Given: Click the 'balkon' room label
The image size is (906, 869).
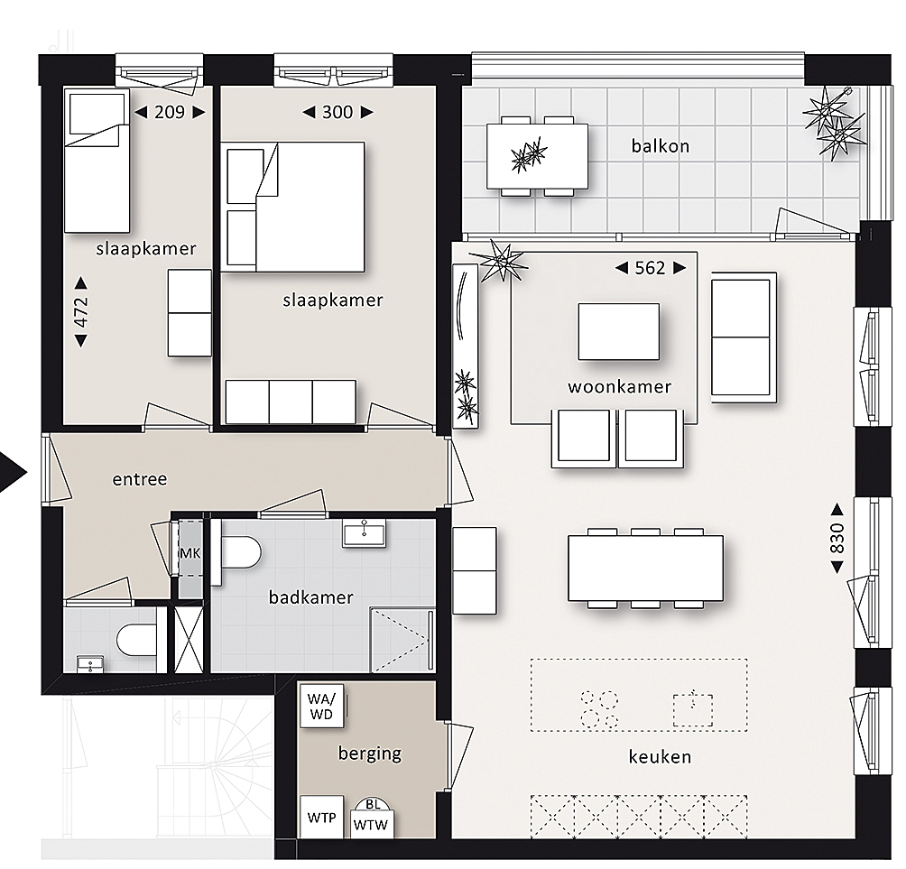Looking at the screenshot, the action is click(661, 145).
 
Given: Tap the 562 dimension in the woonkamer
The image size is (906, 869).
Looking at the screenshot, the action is click(651, 267).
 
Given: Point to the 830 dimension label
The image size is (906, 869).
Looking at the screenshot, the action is click(837, 538).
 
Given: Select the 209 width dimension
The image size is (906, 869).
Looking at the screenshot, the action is click(170, 112).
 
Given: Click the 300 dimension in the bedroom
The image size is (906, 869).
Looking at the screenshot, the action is click(337, 112).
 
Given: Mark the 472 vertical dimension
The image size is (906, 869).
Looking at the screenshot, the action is click(81, 312).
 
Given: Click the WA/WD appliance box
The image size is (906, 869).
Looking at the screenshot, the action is click(321, 706).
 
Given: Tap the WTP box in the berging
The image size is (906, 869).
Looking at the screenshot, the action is click(321, 817).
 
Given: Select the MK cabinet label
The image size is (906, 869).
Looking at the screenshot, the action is click(190, 553).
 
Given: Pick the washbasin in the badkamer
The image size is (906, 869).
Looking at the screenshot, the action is click(364, 532).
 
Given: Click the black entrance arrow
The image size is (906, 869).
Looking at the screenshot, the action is click(14, 473).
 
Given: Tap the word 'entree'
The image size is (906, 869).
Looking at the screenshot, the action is click(139, 479).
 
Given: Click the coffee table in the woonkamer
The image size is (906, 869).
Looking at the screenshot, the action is click(618, 332).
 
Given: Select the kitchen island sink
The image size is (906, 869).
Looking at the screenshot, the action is click(693, 709).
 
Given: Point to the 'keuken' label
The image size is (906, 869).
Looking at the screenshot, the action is click(660, 756).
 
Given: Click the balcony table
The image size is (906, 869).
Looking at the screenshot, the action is click(537, 156).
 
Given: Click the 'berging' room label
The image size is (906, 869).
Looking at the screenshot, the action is click(370, 753).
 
